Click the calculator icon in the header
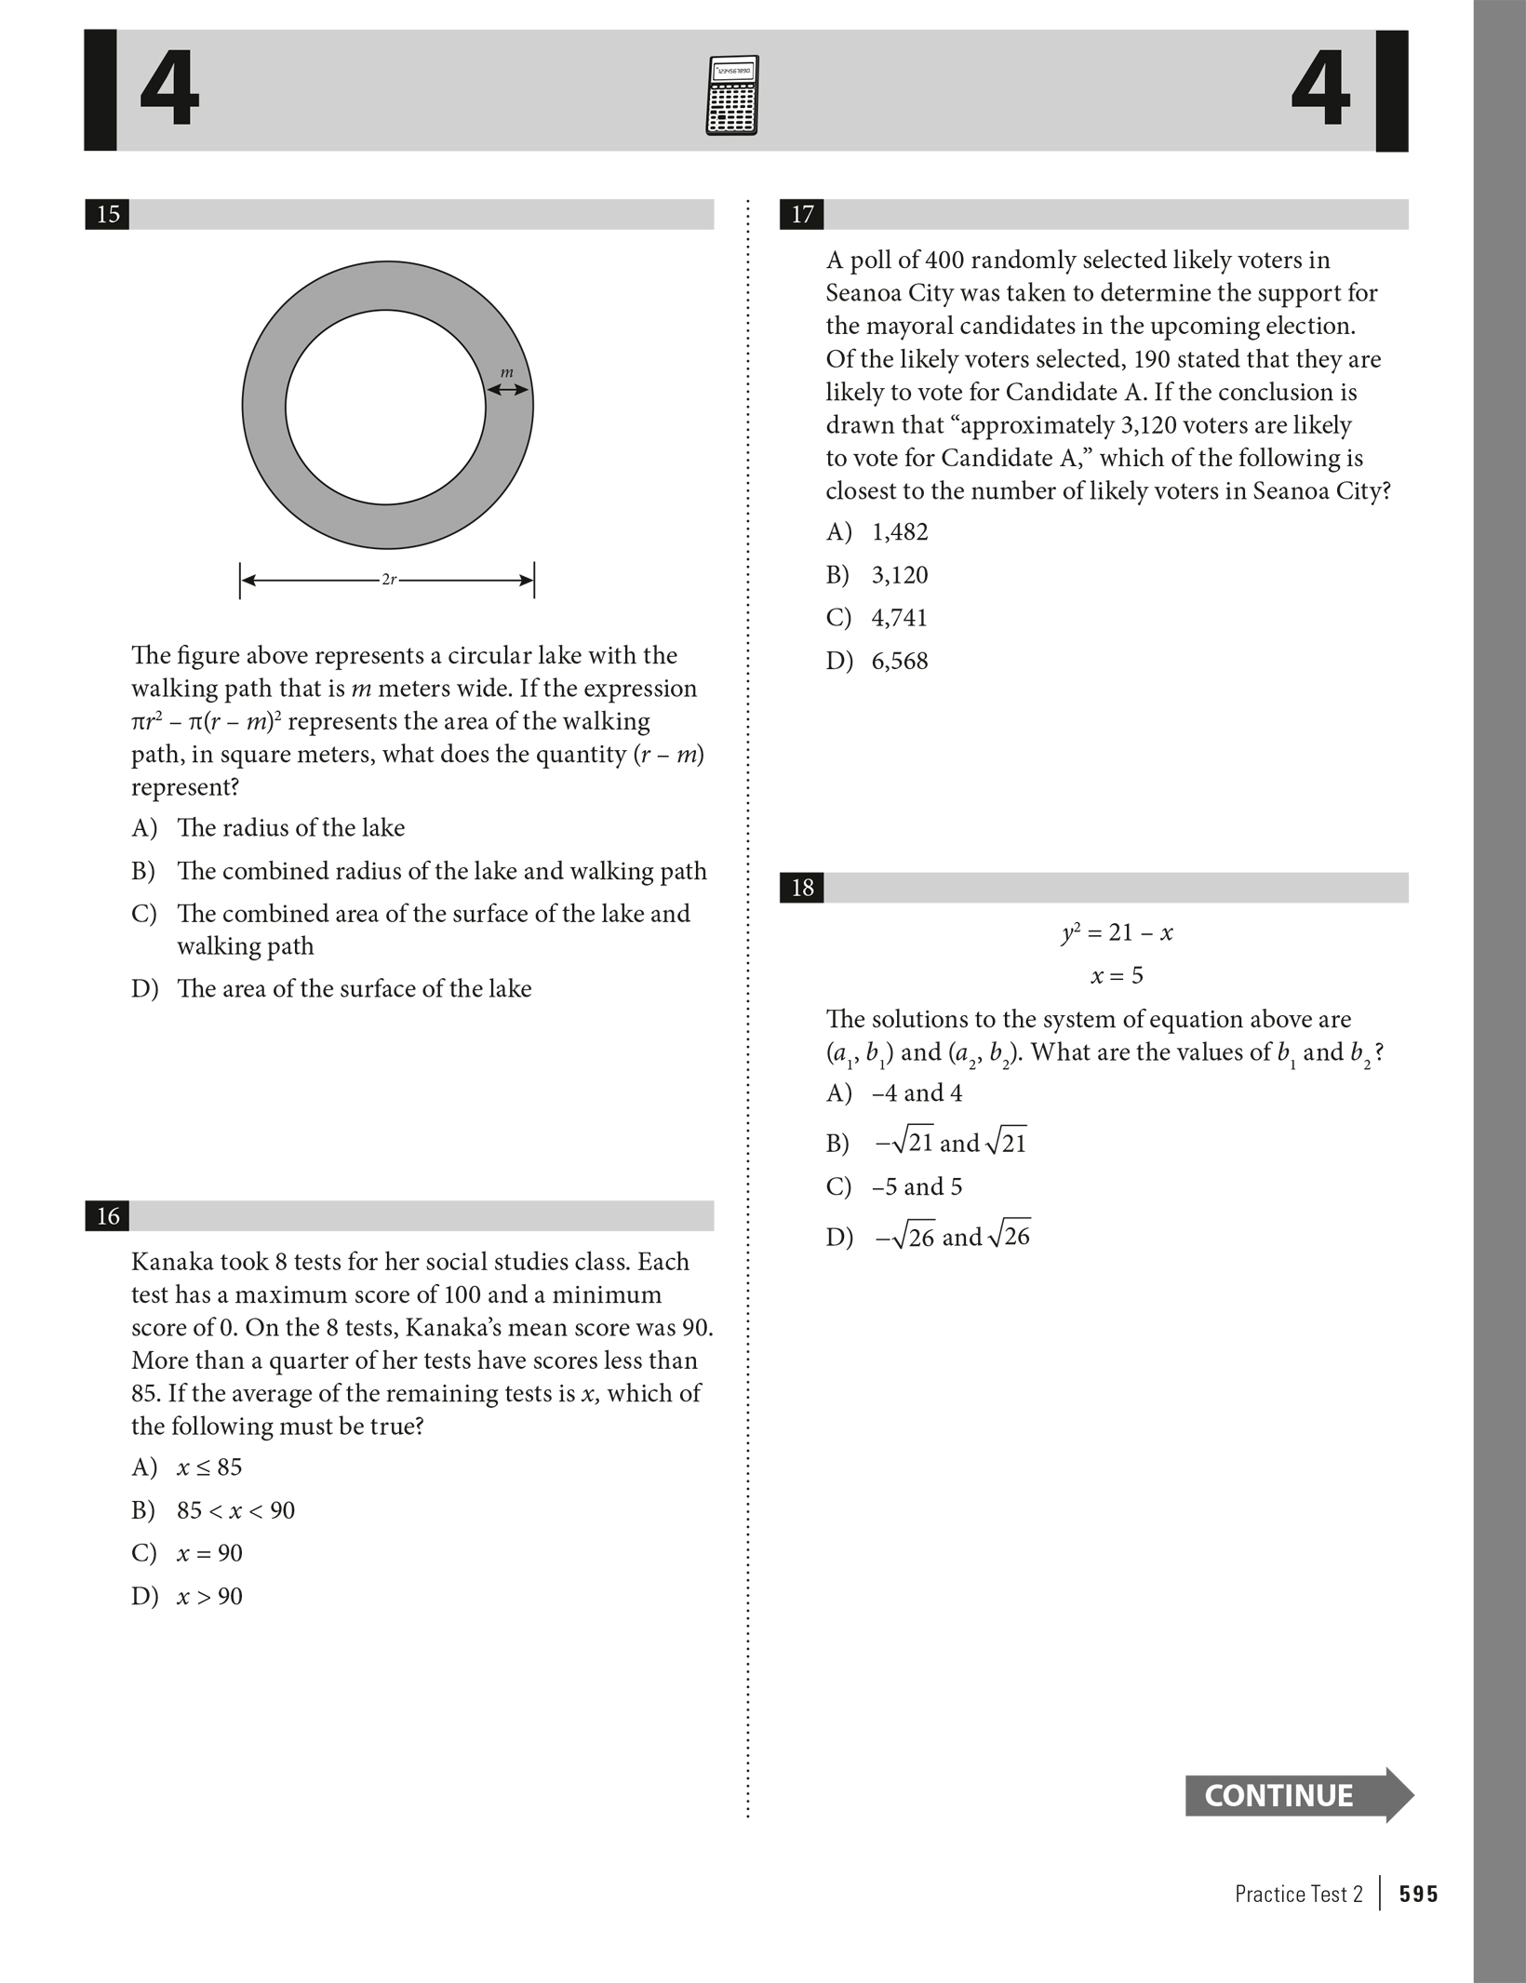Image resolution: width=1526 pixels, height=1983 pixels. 731,95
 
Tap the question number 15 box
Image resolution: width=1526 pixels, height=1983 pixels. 108,214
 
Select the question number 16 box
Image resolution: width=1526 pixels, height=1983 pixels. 108,1215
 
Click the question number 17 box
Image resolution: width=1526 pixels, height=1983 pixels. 802,214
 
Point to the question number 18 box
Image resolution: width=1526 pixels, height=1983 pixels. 802,888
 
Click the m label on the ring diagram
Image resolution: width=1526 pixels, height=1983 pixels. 507,373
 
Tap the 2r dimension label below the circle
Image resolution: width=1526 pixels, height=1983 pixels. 389,580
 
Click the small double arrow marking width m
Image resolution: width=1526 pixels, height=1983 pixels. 508,390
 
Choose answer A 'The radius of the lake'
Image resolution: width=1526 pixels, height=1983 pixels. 290,827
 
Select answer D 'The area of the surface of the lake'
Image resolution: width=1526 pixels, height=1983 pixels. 354,988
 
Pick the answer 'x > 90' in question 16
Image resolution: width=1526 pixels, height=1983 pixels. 209,1596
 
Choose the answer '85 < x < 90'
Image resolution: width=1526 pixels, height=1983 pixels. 235,1509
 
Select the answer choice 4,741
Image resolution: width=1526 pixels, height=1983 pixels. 899,618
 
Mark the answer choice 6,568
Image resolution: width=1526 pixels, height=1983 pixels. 899,661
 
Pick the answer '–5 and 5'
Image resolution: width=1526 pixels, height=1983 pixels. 917,1186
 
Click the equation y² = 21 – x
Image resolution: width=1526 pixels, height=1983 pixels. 1117,932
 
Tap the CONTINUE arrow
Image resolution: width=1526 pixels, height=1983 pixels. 1297,1795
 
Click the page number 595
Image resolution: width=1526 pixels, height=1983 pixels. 1418,1894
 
